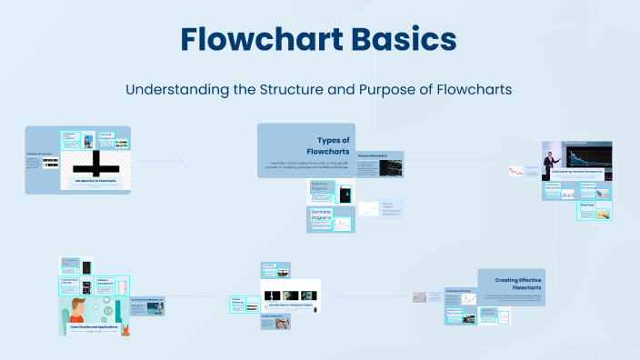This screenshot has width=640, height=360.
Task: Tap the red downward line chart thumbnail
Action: point(518,172)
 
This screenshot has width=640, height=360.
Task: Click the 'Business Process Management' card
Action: point(147,301)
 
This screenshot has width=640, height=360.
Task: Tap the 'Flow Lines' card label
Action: point(588,205)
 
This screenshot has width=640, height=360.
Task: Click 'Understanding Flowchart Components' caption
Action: point(577,170)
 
